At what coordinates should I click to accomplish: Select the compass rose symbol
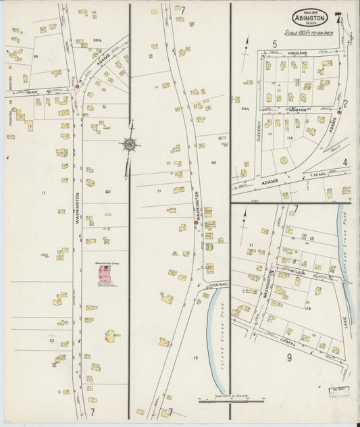click(128, 143)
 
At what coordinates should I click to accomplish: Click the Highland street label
click(297, 53)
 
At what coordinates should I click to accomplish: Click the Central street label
click(220, 284)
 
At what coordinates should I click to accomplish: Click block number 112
click(297, 80)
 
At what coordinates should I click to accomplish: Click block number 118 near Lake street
click(307, 308)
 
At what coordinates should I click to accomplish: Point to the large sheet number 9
click(289, 357)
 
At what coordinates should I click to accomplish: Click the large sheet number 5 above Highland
click(275, 45)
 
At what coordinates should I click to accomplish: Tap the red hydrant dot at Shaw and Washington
click(78, 86)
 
